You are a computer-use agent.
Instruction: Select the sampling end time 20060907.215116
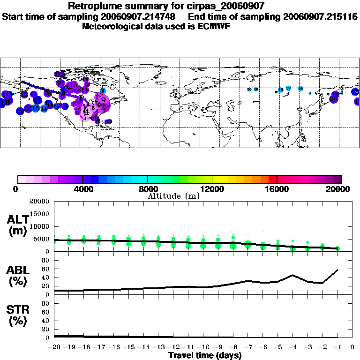click(321, 16)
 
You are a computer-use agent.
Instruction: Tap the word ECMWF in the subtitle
click(214, 26)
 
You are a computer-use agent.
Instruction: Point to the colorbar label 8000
click(147, 189)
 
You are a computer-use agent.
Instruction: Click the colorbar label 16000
click(277, 189)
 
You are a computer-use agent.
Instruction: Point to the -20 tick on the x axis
click(54, 347)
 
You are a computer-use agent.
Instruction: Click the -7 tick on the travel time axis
click(248, 347)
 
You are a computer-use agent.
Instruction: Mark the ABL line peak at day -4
click(292, 275)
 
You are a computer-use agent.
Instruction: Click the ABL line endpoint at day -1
click(337, 270)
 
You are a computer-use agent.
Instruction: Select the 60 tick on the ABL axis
click(46, 269)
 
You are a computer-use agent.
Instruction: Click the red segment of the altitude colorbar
click(272, 179)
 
